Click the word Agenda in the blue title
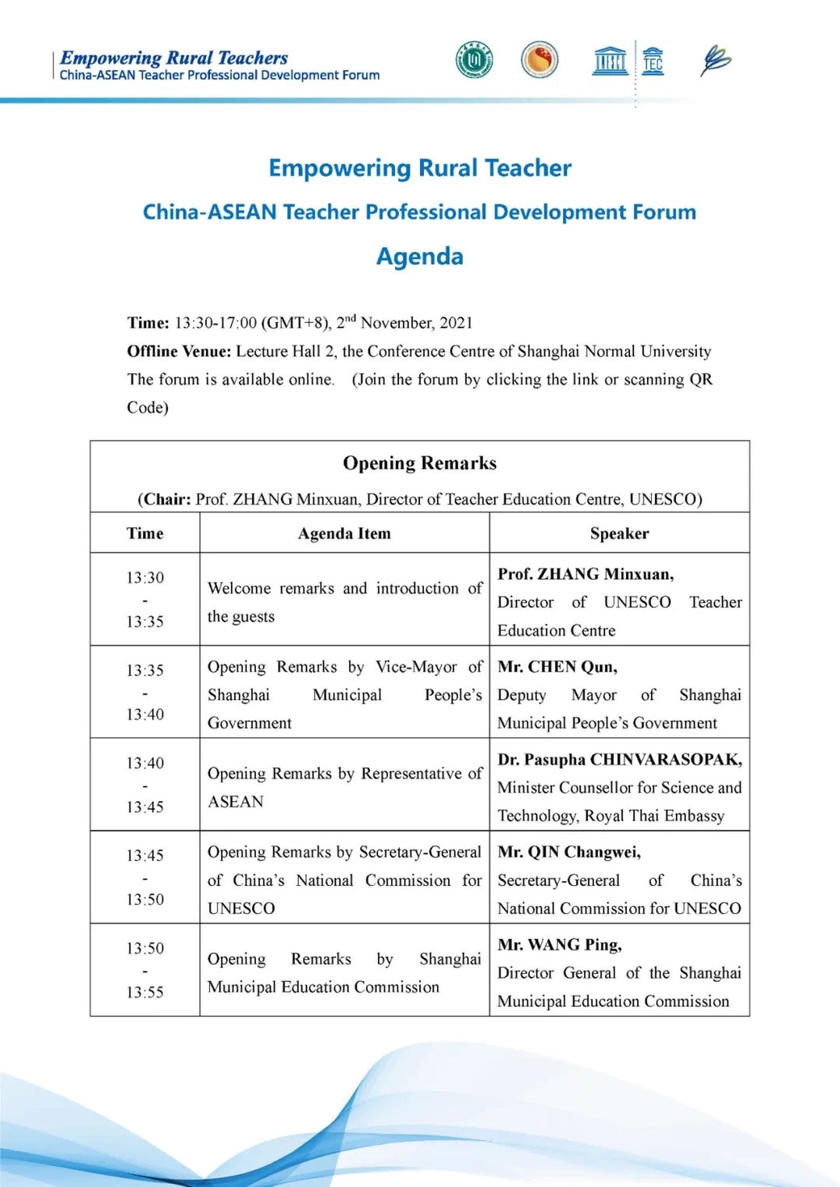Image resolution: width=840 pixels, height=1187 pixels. [420, 257]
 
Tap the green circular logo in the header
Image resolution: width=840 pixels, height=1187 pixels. [475, 60]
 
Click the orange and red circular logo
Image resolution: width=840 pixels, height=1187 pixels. [539, 60]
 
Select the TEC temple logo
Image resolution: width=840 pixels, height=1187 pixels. [653, 60]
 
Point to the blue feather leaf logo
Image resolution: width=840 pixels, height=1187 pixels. [715, 60]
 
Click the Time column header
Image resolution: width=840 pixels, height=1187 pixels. [145, 533]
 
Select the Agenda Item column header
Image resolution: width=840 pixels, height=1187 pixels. [344, 533]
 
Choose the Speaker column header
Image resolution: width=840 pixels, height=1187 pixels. [619, 533]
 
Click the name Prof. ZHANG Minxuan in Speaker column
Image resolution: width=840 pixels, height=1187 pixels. [586, 574]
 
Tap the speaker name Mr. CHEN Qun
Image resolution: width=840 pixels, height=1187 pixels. [557, 667]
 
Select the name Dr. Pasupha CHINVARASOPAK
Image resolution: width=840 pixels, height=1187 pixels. [620, 760]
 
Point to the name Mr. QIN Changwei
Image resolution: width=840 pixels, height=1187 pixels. [569, 852]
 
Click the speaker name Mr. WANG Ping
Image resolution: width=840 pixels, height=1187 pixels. [560, 944]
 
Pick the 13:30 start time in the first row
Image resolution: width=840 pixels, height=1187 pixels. [145, 578]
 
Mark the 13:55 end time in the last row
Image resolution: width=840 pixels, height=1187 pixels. [145, 992]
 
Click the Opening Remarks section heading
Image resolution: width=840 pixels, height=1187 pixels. [420, 463]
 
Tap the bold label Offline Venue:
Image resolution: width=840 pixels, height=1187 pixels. [179, 351]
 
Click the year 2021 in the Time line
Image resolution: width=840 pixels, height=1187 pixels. [456, 323]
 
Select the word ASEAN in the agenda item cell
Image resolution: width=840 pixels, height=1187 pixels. [236, 802]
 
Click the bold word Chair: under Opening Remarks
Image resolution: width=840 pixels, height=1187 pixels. [167, 499]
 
